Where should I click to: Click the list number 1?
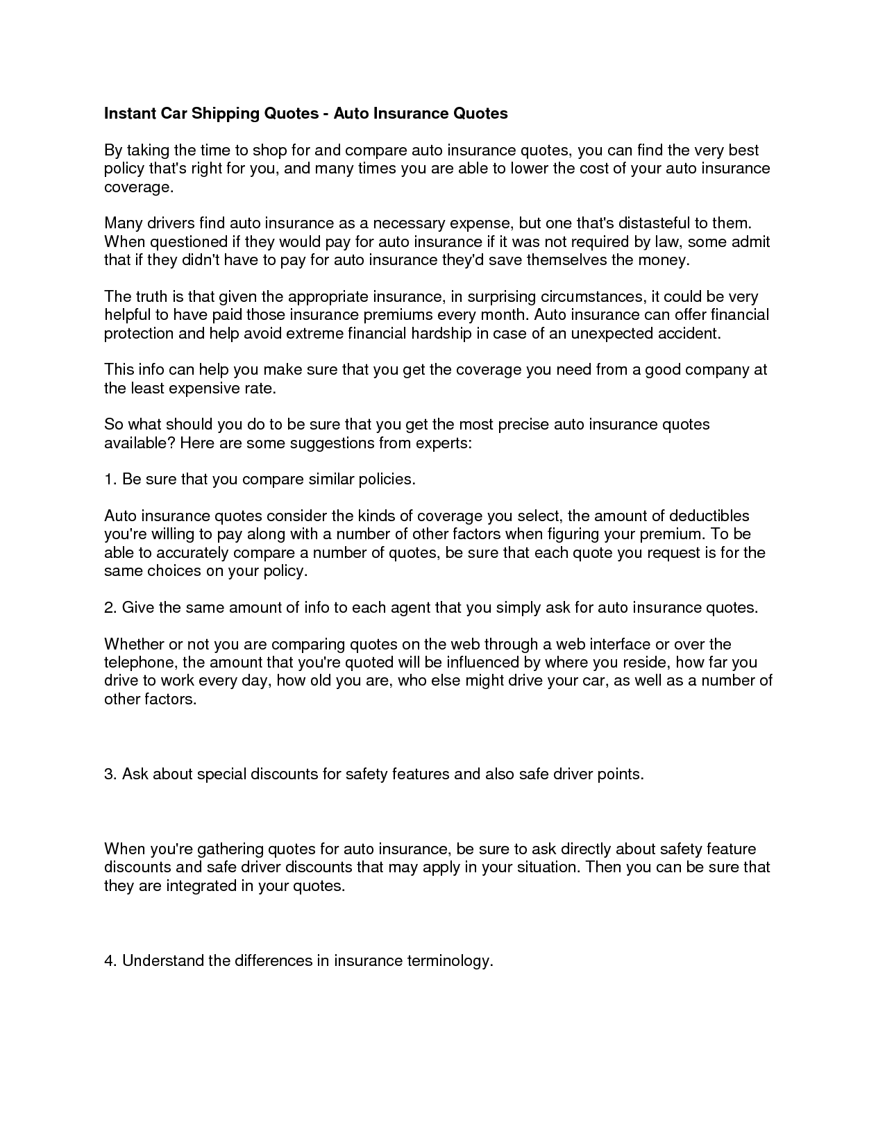pos(109,479)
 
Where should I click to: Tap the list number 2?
pos(109,607)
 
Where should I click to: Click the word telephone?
pos(140,662)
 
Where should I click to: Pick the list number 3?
pos(109,774)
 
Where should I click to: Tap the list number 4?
pos(109,960)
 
